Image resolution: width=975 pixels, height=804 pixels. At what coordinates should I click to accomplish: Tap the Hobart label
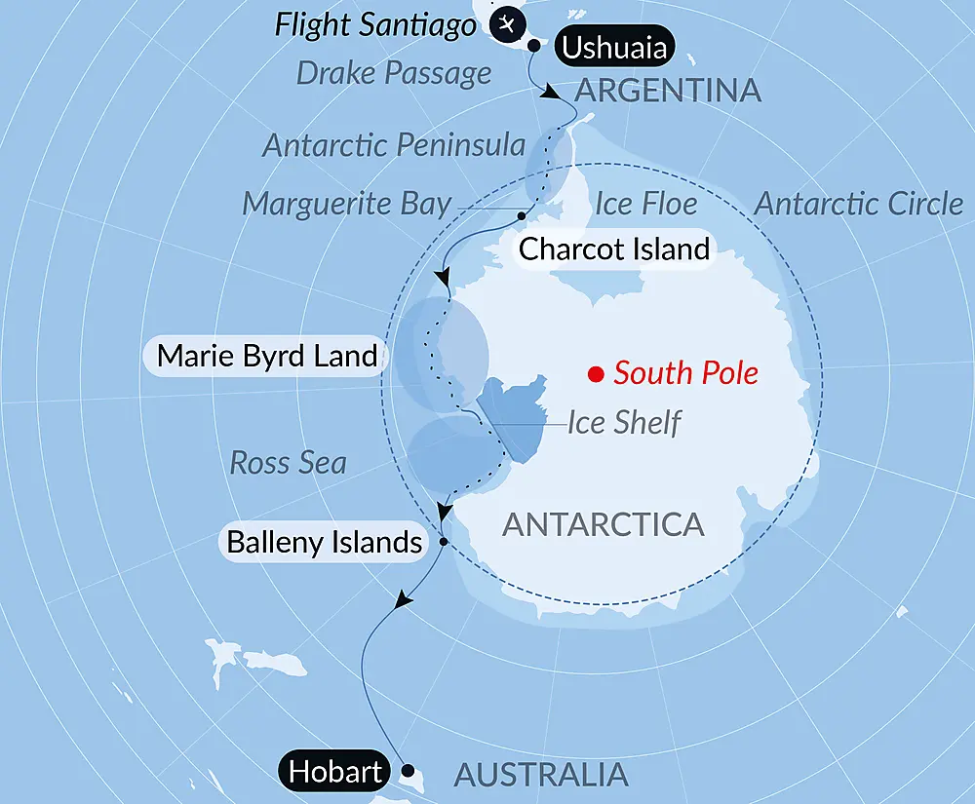(333, 773)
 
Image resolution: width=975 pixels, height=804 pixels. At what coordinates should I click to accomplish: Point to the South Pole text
(685, 373)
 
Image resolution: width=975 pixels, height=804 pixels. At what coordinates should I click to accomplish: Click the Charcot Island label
(613, 249)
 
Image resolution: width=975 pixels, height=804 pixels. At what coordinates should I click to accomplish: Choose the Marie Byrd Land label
(266, 355)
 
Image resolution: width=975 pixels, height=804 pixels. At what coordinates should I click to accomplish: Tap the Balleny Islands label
(325, 542)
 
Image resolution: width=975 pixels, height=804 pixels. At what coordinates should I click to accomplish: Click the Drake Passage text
(394, 73)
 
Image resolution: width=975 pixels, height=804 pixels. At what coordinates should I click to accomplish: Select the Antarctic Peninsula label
(394, 146)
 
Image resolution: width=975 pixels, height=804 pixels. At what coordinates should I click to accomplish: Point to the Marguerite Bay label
(347, 204)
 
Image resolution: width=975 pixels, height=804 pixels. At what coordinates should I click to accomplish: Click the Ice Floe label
(645, 204)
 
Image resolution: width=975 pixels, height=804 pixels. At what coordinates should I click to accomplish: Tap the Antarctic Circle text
(859, 204)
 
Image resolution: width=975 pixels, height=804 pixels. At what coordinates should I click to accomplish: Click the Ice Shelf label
(624, 423)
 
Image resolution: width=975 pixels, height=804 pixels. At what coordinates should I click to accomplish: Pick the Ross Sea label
(288, 462)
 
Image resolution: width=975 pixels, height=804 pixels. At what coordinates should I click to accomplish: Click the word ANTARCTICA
(603, 524)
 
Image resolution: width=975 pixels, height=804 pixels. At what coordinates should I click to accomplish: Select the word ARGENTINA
(668, 91)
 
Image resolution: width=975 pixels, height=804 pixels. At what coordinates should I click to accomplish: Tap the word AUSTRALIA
(541, 775)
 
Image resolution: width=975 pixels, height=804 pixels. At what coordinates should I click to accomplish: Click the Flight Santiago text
(375, 24)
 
